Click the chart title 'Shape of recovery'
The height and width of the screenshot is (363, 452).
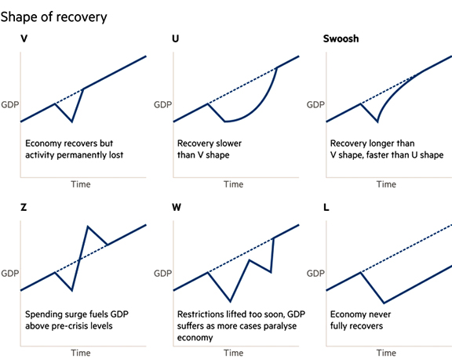click(x=53, y=17)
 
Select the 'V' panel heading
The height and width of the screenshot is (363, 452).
click(x=24, y=38)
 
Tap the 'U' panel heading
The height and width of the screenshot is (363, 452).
click(x=175, y=38)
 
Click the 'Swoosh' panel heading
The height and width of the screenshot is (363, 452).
click(x=341, y=38)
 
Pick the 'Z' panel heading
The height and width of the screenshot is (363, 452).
click(x=24, y=207)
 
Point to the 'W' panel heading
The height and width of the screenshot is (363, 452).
click(x=177, y=207)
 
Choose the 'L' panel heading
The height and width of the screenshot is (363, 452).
click(x=326, y=207)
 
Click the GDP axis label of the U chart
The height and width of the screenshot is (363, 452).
click(x=163, y=104)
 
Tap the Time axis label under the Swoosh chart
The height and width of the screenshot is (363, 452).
click(x=386, y=184)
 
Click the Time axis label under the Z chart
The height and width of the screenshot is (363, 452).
click(x=81, y=353)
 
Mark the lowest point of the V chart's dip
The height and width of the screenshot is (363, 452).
click(x=71, y=122)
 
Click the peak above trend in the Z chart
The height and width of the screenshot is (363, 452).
click(x=88, y=227)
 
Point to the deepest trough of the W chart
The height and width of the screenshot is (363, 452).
click(x=230, y=301)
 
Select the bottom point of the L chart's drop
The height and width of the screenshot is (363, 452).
click(x=384, y=303)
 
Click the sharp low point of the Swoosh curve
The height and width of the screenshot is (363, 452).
click(x=377, y=122)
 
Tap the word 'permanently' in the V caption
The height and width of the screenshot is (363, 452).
click(x=82, y=155)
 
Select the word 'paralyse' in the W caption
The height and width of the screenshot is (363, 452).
click(x=283, y=326)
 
